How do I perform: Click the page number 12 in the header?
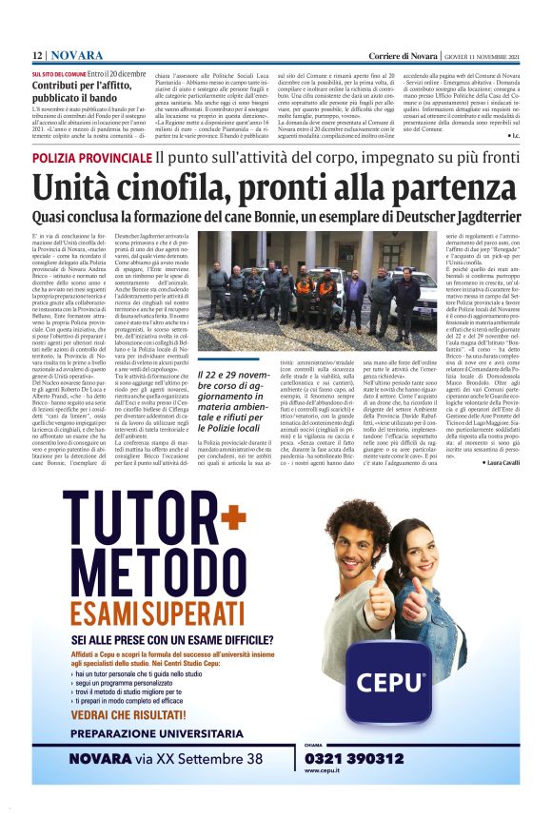click(x=37, y=56)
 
